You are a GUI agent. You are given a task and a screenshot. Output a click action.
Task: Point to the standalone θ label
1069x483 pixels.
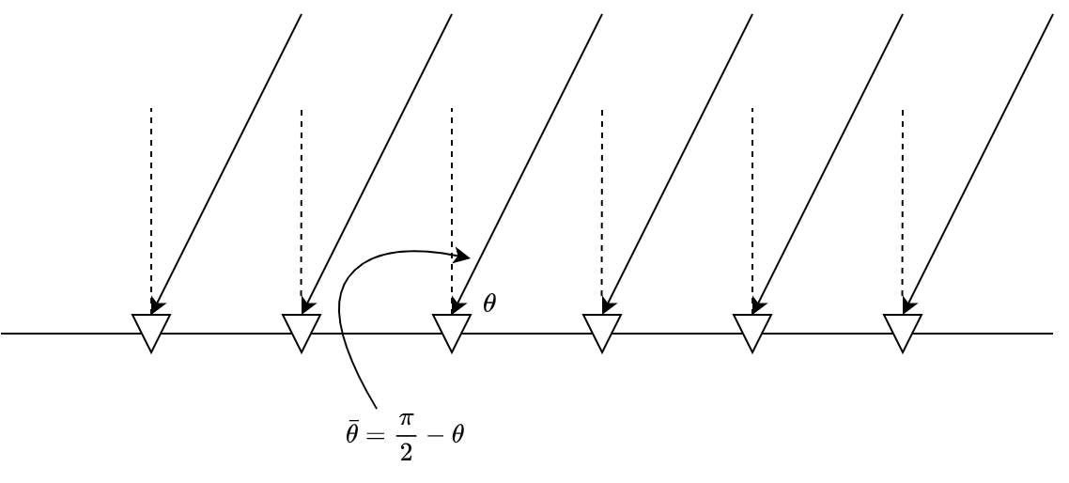pos(489,303)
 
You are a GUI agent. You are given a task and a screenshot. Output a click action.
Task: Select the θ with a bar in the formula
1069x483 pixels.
pos(352,434)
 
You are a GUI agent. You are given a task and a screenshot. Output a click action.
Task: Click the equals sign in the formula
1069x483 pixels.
pos(376,435)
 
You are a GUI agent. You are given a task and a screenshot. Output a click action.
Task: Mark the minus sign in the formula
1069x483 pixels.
pos(434,435)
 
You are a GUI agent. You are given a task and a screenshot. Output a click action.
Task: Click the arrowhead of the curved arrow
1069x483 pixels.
pos(462,255)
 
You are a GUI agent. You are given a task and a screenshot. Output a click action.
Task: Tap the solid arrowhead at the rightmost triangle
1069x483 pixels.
pos(907,304)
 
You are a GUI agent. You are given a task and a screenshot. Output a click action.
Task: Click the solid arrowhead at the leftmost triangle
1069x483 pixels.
pos(156,304)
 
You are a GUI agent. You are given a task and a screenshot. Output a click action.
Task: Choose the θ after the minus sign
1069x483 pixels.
pos(457,434)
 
